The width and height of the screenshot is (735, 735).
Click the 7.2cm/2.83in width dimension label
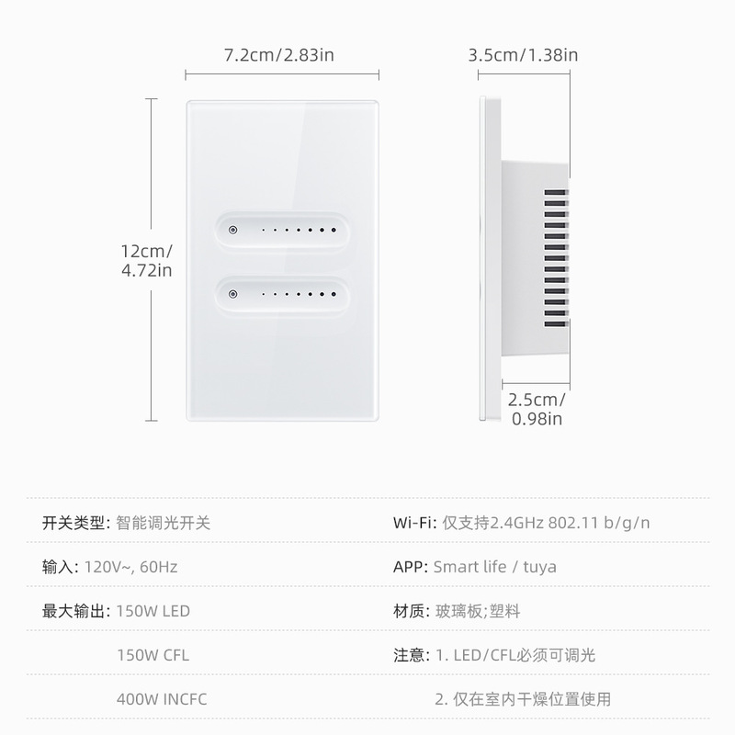click(279, 55)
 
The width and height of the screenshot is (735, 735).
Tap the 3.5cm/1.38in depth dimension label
click(523, 55)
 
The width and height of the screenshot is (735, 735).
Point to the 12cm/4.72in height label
click(146, 261)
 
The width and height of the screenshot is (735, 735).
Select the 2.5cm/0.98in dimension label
click(537, 410)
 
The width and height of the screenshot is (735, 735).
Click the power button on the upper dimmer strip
click(232, 229)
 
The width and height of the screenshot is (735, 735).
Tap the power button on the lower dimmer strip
click(232, 296)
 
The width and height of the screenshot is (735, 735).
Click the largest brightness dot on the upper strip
click(335, 229)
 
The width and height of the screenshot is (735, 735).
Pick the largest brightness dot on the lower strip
click(335, 296)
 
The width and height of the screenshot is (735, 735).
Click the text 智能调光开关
click(164, 524)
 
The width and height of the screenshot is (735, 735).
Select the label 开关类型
click(76, 524)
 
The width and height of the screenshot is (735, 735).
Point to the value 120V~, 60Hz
click(130, 567)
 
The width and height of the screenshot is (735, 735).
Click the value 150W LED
click(153, 611)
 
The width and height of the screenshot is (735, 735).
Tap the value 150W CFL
click(153, 655)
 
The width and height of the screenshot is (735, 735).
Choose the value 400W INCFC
click(162, 699)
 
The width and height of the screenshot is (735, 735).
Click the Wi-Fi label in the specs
click(414, 524)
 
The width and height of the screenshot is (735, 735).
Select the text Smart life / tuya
click(494, 567)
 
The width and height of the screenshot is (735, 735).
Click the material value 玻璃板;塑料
click(478, 611)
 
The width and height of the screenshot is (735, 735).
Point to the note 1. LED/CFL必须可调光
click(515, 655)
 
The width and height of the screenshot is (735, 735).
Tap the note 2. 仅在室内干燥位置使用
click(523, 699)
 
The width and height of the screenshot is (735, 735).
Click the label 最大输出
click(76, 611)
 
